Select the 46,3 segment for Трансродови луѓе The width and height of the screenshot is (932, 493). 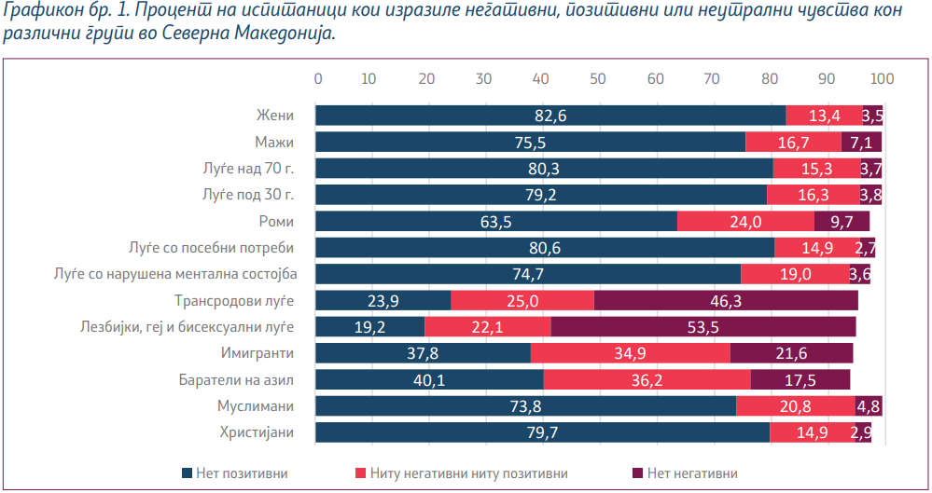click(726, 300)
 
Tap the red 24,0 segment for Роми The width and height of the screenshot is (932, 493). click(745, 221)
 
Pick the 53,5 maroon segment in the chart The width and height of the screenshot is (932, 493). click(703, 326)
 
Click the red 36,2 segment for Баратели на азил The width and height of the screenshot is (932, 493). click(647, 379)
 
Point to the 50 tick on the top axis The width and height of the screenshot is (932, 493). click(600, 78)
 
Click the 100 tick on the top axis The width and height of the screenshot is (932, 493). click(882, 78)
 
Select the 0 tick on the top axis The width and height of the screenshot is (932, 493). click(318, 78)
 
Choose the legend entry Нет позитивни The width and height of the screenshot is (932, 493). click(236, 472)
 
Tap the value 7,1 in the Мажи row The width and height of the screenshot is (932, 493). click(860, 142)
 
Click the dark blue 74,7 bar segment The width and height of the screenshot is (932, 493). click(528, 274)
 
